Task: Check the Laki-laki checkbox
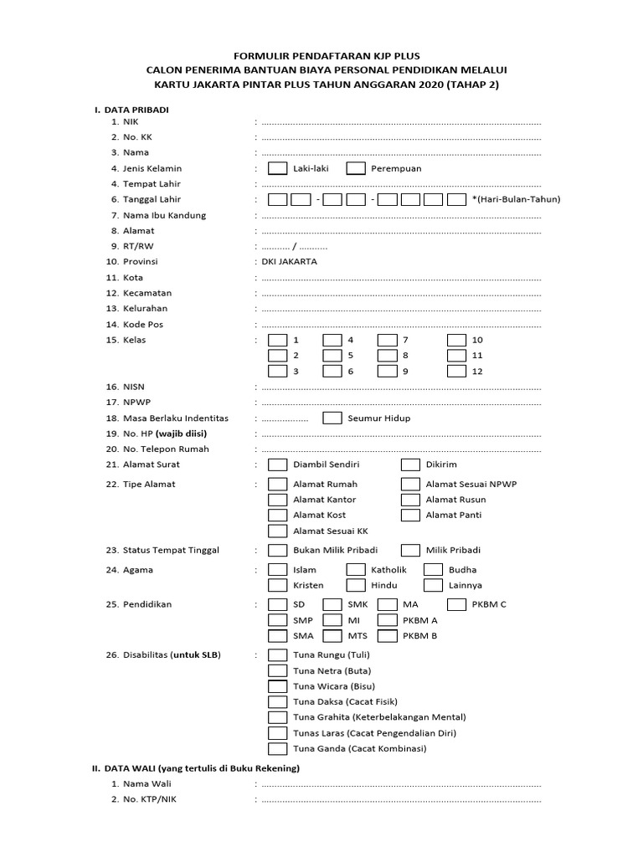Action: pos(277,168)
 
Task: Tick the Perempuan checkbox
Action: pos(356,168)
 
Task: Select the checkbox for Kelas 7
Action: pos(387,340)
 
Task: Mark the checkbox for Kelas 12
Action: pos(456,371)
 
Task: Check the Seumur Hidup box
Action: pos(332,418)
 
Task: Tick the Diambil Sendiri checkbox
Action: pos(277,464)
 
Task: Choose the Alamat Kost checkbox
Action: pos(277,515)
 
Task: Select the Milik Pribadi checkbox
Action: pos(410,550)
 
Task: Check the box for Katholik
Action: pos(356,570)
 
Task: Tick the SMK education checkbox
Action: pos(332,604)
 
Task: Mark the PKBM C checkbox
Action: pos(456,604)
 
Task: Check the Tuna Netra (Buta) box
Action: pos(277,670)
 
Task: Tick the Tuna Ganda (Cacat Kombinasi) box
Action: pos(277,748)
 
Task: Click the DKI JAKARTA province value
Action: pos(290,262)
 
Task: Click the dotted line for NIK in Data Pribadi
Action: pos(401,122)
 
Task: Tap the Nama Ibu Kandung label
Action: pos(164,215)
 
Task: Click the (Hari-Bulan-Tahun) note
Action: pos(516,199)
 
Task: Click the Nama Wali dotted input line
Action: pos(401,784)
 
